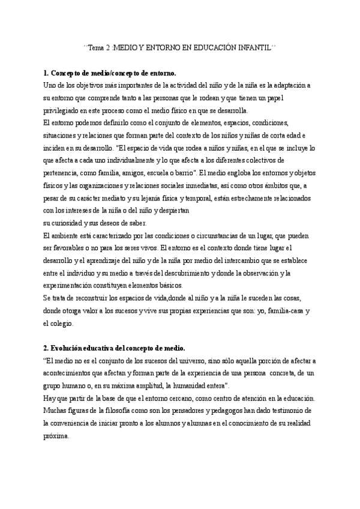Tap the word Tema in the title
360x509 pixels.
(x=97, y=47)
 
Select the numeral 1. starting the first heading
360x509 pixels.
(x=47, y=73)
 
